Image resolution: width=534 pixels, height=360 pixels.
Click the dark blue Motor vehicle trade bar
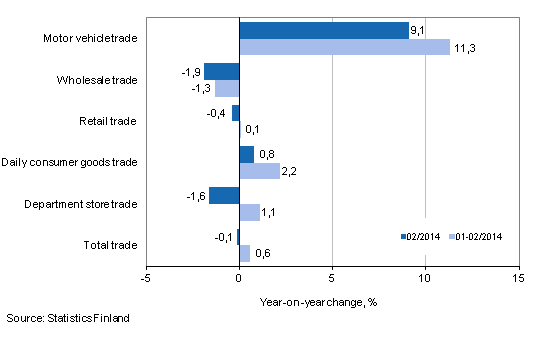pyautogui.click(x=324, y=30)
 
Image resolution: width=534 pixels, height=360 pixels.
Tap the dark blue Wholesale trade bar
pyautogui.click(x=221, y=71)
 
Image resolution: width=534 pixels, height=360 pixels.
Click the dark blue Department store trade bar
pyautogui.click(x=224, y=195)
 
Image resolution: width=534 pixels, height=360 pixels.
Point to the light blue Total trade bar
pyautogui.click(x=244, y=253)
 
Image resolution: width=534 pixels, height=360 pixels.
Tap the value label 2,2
pyautogui.click(x=293, y=172)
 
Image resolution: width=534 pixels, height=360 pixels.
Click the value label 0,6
pyautogui.click(x=263, y=254)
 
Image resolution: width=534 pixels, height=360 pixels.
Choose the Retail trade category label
pyautogui.click(x=108, y=122)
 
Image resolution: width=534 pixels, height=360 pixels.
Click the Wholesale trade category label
pyautogui.click(x=98, y=80)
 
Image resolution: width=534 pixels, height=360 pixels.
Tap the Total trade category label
pyautogui.click(x=109, y=244)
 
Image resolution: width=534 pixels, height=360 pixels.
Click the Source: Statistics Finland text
pyautogui.click(x=66, y=318)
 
